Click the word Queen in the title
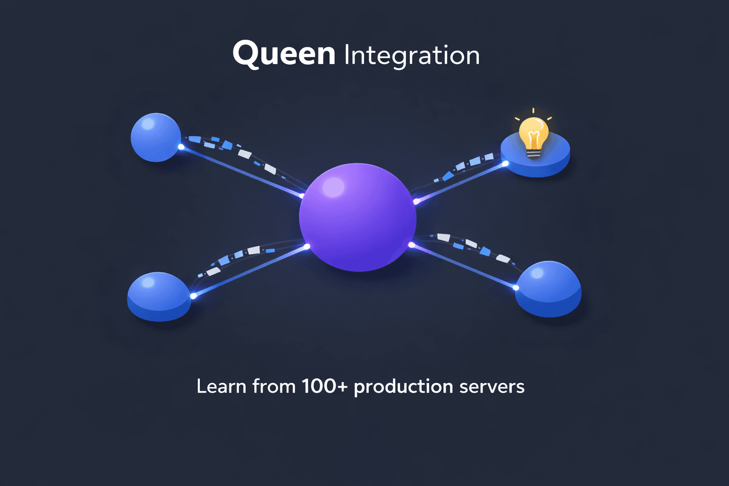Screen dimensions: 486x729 point(284,54)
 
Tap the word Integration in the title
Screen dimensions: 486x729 point(411,56)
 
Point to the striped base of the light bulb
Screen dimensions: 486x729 point(533,153)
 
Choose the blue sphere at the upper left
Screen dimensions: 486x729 point(155,137)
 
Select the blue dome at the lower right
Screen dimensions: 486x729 point(549,289)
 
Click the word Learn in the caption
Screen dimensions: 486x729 point(222,386)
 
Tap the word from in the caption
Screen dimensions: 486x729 point(274,386)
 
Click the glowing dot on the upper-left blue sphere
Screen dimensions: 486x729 point(181,147)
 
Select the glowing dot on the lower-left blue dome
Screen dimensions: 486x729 point(193,296)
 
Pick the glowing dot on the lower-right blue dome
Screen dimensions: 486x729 point(516,288)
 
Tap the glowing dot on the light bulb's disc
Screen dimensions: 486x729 point(505,164)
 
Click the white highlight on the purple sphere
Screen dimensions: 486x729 point(333,187)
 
